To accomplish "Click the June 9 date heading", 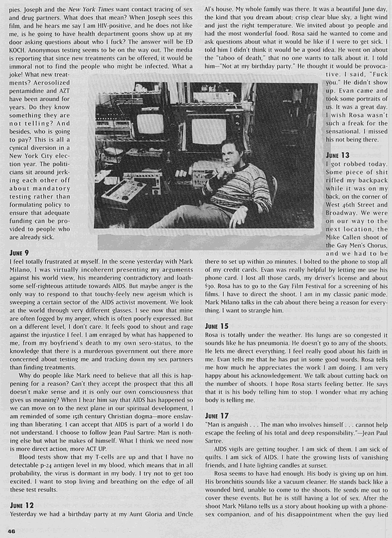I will (21, 253).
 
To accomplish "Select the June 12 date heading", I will (23, 505).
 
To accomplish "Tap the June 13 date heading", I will (337, 155).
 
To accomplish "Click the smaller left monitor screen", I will (150, 123).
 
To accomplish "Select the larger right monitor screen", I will (208, 130).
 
